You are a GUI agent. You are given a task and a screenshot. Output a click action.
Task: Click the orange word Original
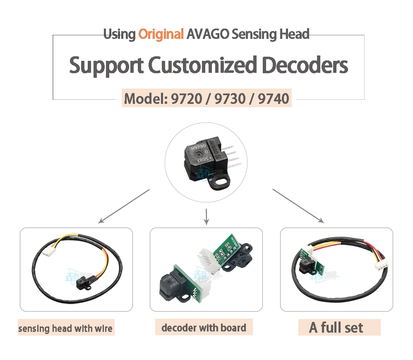(x=161, y=34)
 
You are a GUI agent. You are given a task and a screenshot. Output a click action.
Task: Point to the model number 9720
(x=185, y=99)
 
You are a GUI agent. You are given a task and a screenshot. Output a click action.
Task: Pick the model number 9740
(x=273, y=99)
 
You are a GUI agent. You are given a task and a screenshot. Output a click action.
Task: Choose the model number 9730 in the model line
(x=229, y=99)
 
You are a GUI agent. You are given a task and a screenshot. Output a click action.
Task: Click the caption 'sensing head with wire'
(x=65, y=329)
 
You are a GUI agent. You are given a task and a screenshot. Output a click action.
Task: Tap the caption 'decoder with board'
(x=204, y=328)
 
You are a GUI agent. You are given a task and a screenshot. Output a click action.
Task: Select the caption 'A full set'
(x=336, y=328)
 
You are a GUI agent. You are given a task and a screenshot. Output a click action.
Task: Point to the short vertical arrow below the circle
(x=206, y=216)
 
